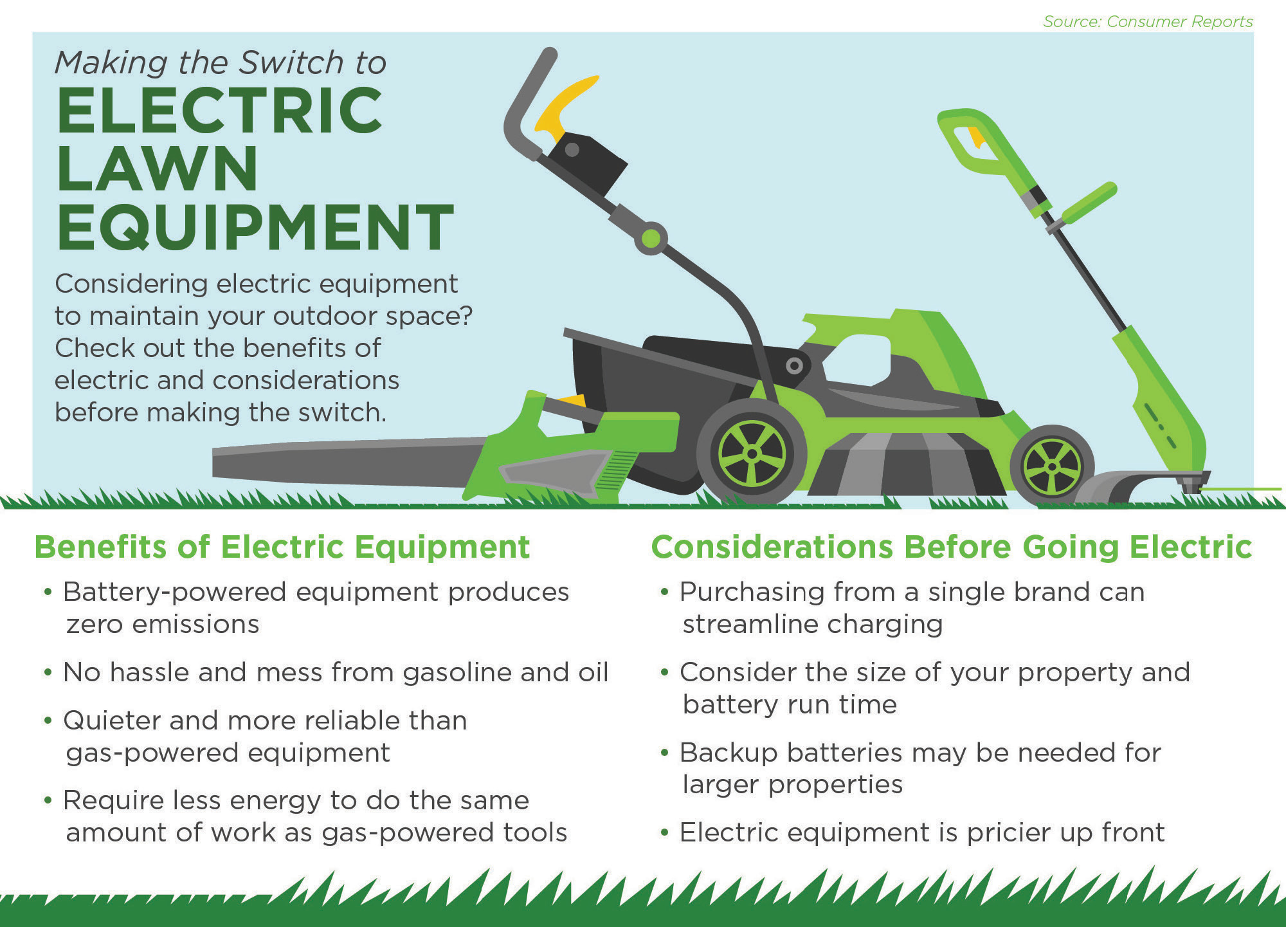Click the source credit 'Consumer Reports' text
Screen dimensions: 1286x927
pos(1180,21)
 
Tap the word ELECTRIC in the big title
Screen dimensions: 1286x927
pos(220,110)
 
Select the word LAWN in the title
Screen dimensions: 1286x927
pos(158,168)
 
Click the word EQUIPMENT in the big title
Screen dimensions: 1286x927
pos(255,227)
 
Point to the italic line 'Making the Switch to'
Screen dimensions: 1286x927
pos(221,62)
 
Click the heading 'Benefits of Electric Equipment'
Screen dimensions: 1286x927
pos(282,547)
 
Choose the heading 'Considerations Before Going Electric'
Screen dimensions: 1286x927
pos(952,547)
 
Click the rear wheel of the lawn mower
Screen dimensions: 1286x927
pos(752,452)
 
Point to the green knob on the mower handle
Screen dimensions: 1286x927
pos(651,239)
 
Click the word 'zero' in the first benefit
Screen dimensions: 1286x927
pos(94,625)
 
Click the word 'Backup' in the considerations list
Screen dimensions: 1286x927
pos(728,753)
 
